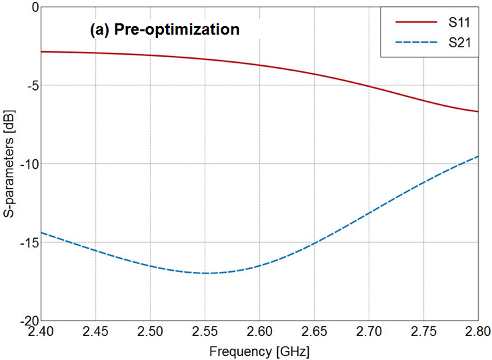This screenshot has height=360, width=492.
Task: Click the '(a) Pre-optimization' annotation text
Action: click(x=164, y=30)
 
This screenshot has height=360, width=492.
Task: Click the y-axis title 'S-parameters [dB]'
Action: click(x=9, y=163)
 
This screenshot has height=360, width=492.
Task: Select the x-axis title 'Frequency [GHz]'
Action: click(x=259, y=351)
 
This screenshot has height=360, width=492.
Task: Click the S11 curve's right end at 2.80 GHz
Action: click(x=477, y=111)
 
